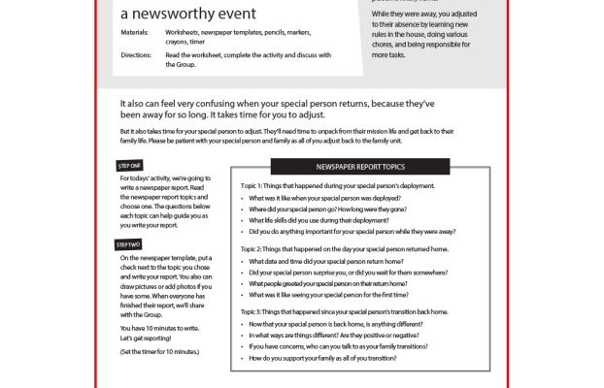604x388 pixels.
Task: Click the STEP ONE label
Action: [x=129, y=166]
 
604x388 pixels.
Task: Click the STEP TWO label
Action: [x=129, y=244]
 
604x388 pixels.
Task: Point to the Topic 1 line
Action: [x=337, y=185]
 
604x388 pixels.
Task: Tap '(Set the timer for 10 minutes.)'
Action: [x=159, y=350]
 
